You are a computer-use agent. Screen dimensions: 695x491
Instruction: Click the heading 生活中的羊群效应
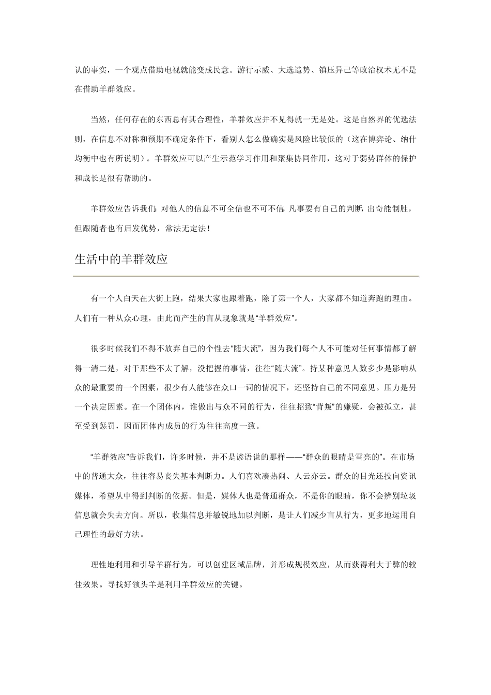pos(121,259)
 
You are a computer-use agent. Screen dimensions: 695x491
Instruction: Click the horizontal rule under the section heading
pos(245,276)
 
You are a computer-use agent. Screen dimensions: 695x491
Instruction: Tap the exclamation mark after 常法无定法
pos(208,228)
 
